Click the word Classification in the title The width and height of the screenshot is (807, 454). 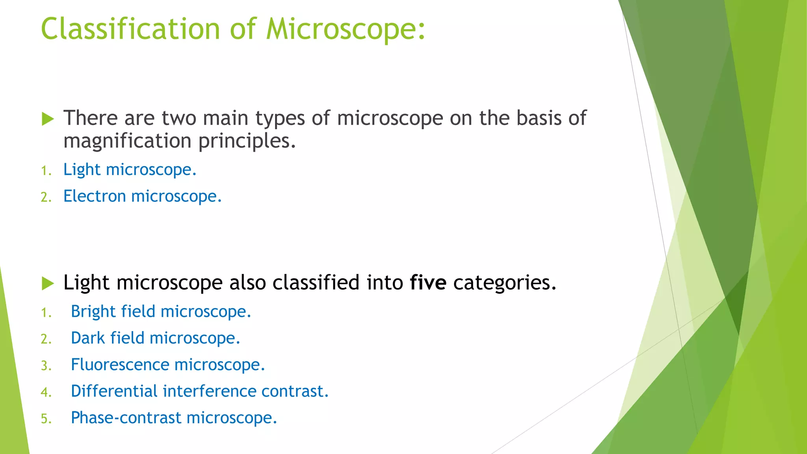[x=130, y=29]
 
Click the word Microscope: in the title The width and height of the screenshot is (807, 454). [x=346, y=29]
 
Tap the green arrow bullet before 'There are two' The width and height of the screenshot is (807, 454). [x=48, y=119]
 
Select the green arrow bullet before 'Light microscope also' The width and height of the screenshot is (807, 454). [x=48, y=283]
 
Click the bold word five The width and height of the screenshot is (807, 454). [x=428, y=283]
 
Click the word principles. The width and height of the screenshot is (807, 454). [x=247, y=141]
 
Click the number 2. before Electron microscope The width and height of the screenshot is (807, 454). [x=46, y=197]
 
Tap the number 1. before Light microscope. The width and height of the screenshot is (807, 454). [x=46, y=171]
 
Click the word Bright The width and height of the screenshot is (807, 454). [x=93, y=312]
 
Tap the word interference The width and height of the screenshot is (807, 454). [x=209, y=391]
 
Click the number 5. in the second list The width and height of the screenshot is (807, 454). [x=46, y=419]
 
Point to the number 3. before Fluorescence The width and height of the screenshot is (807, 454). [x=46, y=366]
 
